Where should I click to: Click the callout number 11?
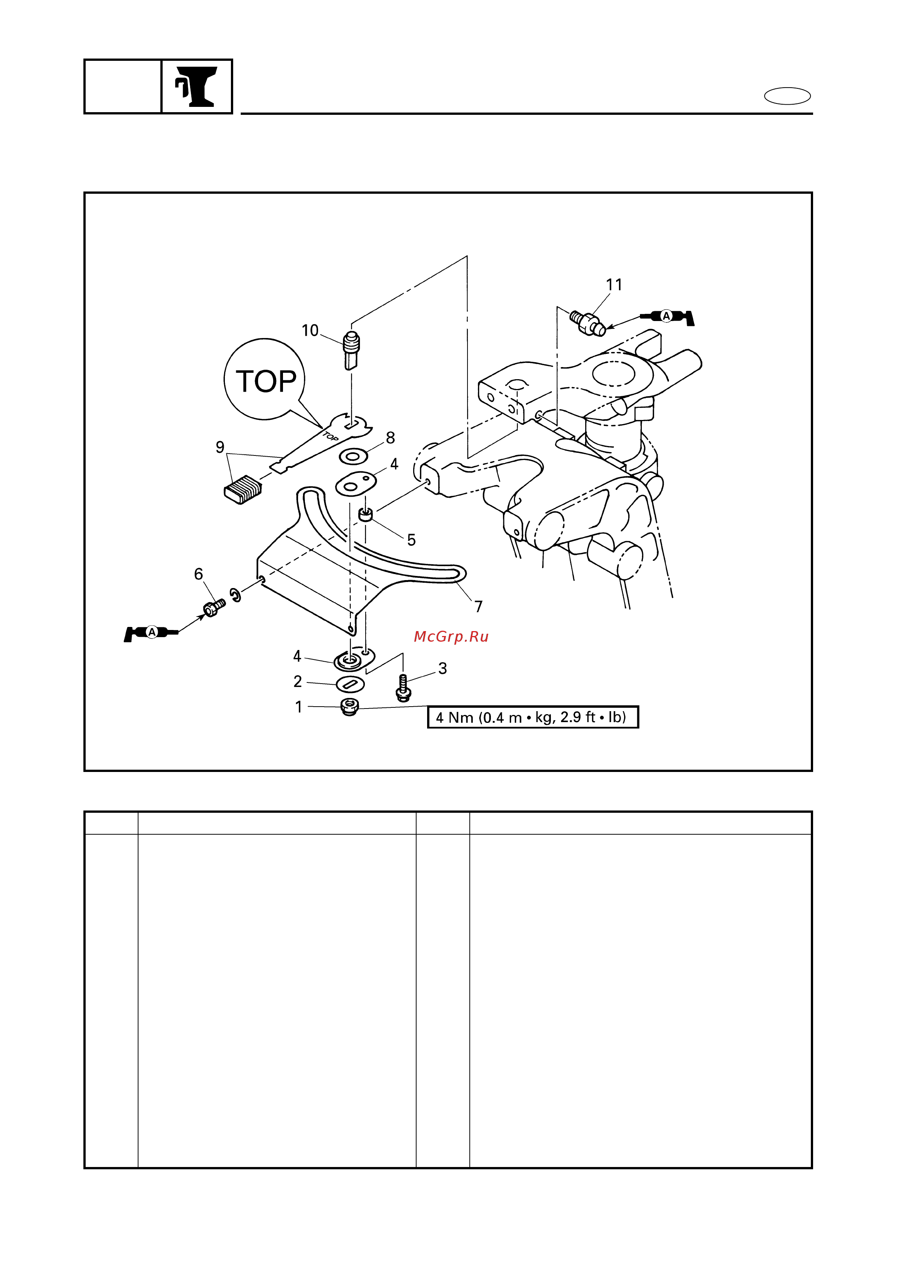point(614,285)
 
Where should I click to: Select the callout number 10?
point(310,331)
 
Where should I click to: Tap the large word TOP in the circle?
point(266,382)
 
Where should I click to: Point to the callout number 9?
point(220,447)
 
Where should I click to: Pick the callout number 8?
point(390,438)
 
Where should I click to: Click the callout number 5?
point(411,540)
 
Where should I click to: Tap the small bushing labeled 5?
point(365,515)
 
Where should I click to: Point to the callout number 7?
point(479,607)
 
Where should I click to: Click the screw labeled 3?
point(403,687)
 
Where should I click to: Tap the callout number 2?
point(298,681)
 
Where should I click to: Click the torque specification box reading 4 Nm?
point(533,717)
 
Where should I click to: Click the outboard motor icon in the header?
point(197,86)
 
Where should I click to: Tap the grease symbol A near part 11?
point(667,317)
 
